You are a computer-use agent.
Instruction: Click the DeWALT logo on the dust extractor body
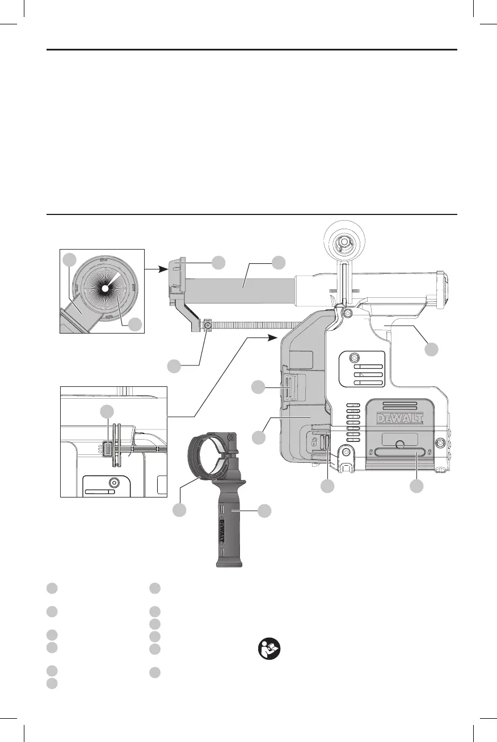[x=400, y=419]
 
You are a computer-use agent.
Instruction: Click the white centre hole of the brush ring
[x=105, y=289]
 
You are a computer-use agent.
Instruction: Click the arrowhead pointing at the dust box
[x=273, y=338]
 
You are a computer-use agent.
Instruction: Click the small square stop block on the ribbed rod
[x=208, y=326]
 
